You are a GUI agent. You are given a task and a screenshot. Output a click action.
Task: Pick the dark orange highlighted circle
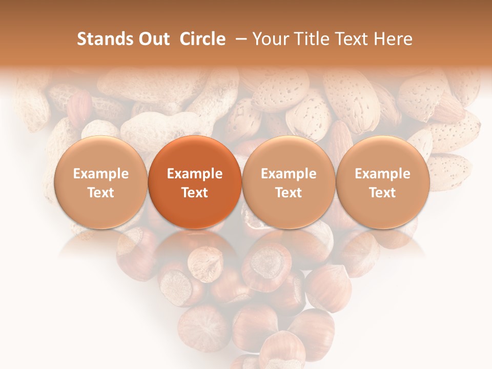tap(195, 182)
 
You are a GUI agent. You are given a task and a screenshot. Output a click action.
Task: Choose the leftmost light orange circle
tap(101, 182)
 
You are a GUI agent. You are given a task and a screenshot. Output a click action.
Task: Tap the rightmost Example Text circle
tap(382, 182)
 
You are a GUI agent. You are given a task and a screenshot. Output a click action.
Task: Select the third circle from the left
tap(289, 182)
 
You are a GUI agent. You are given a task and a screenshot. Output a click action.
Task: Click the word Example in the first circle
tap(101, 174)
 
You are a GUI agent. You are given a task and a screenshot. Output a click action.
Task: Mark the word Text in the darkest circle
tap(195, 193)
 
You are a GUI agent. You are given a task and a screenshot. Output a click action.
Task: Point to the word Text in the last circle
tap(382, 193)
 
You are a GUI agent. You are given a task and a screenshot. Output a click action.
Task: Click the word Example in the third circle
tap(289, 174)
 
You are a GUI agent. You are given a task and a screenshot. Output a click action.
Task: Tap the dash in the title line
tap(239, 39)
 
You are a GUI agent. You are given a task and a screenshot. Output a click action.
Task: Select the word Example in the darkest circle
tap(195, 174)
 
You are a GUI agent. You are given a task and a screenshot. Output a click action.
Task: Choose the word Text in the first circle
tap(101, 193)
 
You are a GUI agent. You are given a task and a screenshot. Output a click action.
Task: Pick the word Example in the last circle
tap(382, 174)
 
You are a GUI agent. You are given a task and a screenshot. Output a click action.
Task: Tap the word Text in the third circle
tap(289, 193)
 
